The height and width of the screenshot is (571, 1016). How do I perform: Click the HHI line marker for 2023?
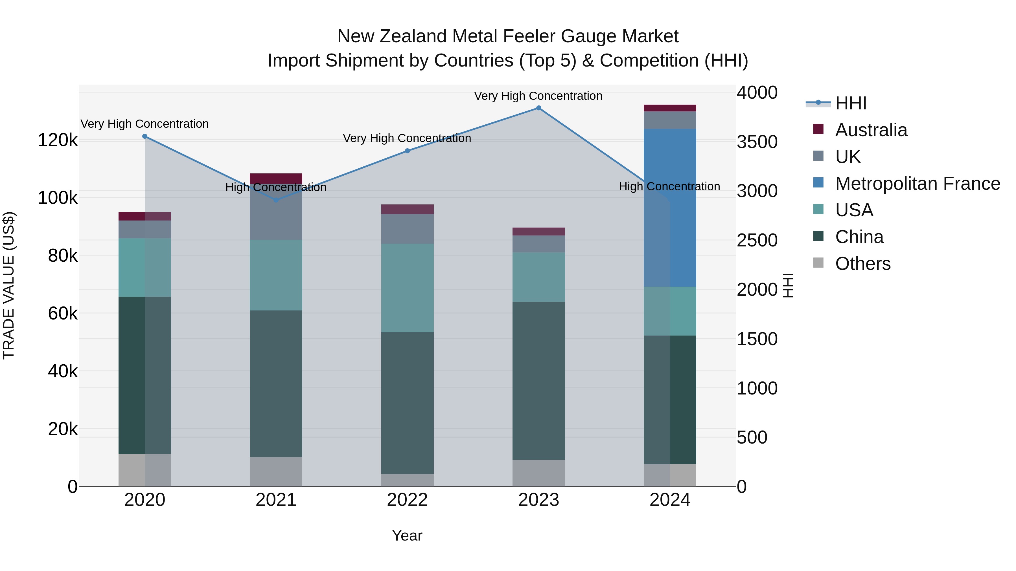point(538,108)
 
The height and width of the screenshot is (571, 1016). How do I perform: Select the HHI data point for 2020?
point(145,136)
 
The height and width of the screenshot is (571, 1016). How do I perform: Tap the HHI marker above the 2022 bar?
point(408,151)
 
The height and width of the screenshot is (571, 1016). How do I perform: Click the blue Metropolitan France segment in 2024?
point(683,208)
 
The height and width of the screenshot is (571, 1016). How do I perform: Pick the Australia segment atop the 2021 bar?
point(276,178)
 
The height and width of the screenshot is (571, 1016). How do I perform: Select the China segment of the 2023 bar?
point(538,380)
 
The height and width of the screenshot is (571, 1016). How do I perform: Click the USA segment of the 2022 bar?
point(408,288)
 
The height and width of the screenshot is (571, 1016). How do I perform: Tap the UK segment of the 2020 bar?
point(145,229)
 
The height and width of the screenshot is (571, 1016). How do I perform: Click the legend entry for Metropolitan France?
point(918,184)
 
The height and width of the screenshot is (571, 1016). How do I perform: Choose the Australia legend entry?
point(871,130)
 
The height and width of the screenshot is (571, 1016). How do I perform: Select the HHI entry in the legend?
point(850,103)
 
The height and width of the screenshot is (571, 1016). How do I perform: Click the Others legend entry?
point(862,264)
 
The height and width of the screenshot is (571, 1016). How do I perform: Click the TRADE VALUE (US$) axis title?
point(9,285)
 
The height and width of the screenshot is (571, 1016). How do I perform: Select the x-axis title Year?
point(407,535)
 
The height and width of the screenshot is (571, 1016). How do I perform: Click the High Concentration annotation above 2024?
point(669,186)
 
